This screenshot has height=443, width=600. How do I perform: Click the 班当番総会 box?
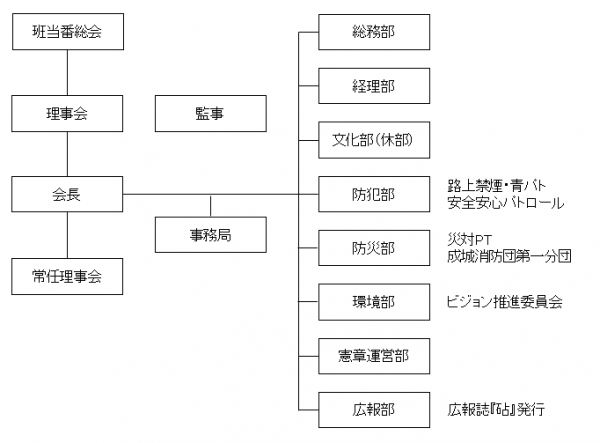67,32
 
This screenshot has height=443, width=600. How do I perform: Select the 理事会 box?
67,113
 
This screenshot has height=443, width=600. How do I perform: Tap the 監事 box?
211,113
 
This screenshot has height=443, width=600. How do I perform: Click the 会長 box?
67,194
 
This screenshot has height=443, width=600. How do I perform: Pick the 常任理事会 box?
67,274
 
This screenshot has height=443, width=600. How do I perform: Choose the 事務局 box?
211,235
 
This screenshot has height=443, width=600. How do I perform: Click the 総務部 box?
374,32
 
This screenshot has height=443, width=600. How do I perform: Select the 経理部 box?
374,86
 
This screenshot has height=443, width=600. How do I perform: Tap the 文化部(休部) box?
374,140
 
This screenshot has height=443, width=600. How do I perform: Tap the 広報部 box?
374,409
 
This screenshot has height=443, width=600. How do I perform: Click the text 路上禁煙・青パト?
496,185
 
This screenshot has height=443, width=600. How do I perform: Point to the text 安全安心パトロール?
505,203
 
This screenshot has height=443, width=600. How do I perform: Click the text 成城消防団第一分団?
509,256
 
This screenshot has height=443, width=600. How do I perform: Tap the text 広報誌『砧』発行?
496,409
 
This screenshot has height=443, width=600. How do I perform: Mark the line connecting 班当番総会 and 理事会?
67,72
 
